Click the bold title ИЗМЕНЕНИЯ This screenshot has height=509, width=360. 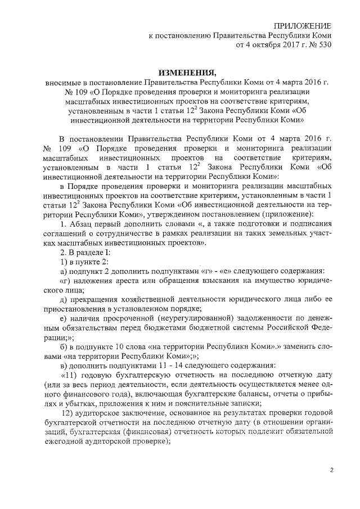(x=187, y=73)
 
